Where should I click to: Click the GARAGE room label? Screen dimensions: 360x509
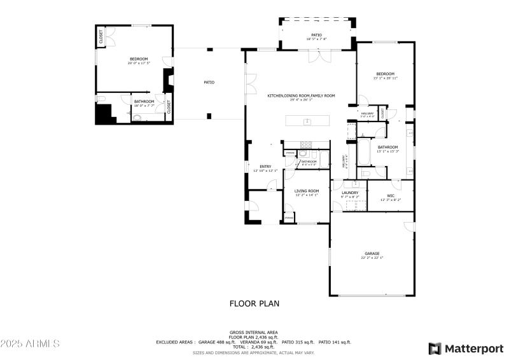372,253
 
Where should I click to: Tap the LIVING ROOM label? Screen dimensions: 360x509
306,191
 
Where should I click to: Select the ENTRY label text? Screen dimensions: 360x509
265,167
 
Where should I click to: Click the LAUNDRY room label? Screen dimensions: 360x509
350,193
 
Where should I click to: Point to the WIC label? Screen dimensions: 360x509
391,196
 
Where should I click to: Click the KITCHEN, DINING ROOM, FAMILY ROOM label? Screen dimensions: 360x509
301,95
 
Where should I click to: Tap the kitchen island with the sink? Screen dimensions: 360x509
308,120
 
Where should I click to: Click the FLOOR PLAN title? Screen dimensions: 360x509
254,304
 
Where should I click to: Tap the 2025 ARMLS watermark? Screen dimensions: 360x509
30,343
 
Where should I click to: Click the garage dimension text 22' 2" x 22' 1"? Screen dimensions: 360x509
372,258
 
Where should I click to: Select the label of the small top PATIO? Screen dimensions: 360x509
316,35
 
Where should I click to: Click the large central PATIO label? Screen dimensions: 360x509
209,82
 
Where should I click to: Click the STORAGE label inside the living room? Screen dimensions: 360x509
289,218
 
